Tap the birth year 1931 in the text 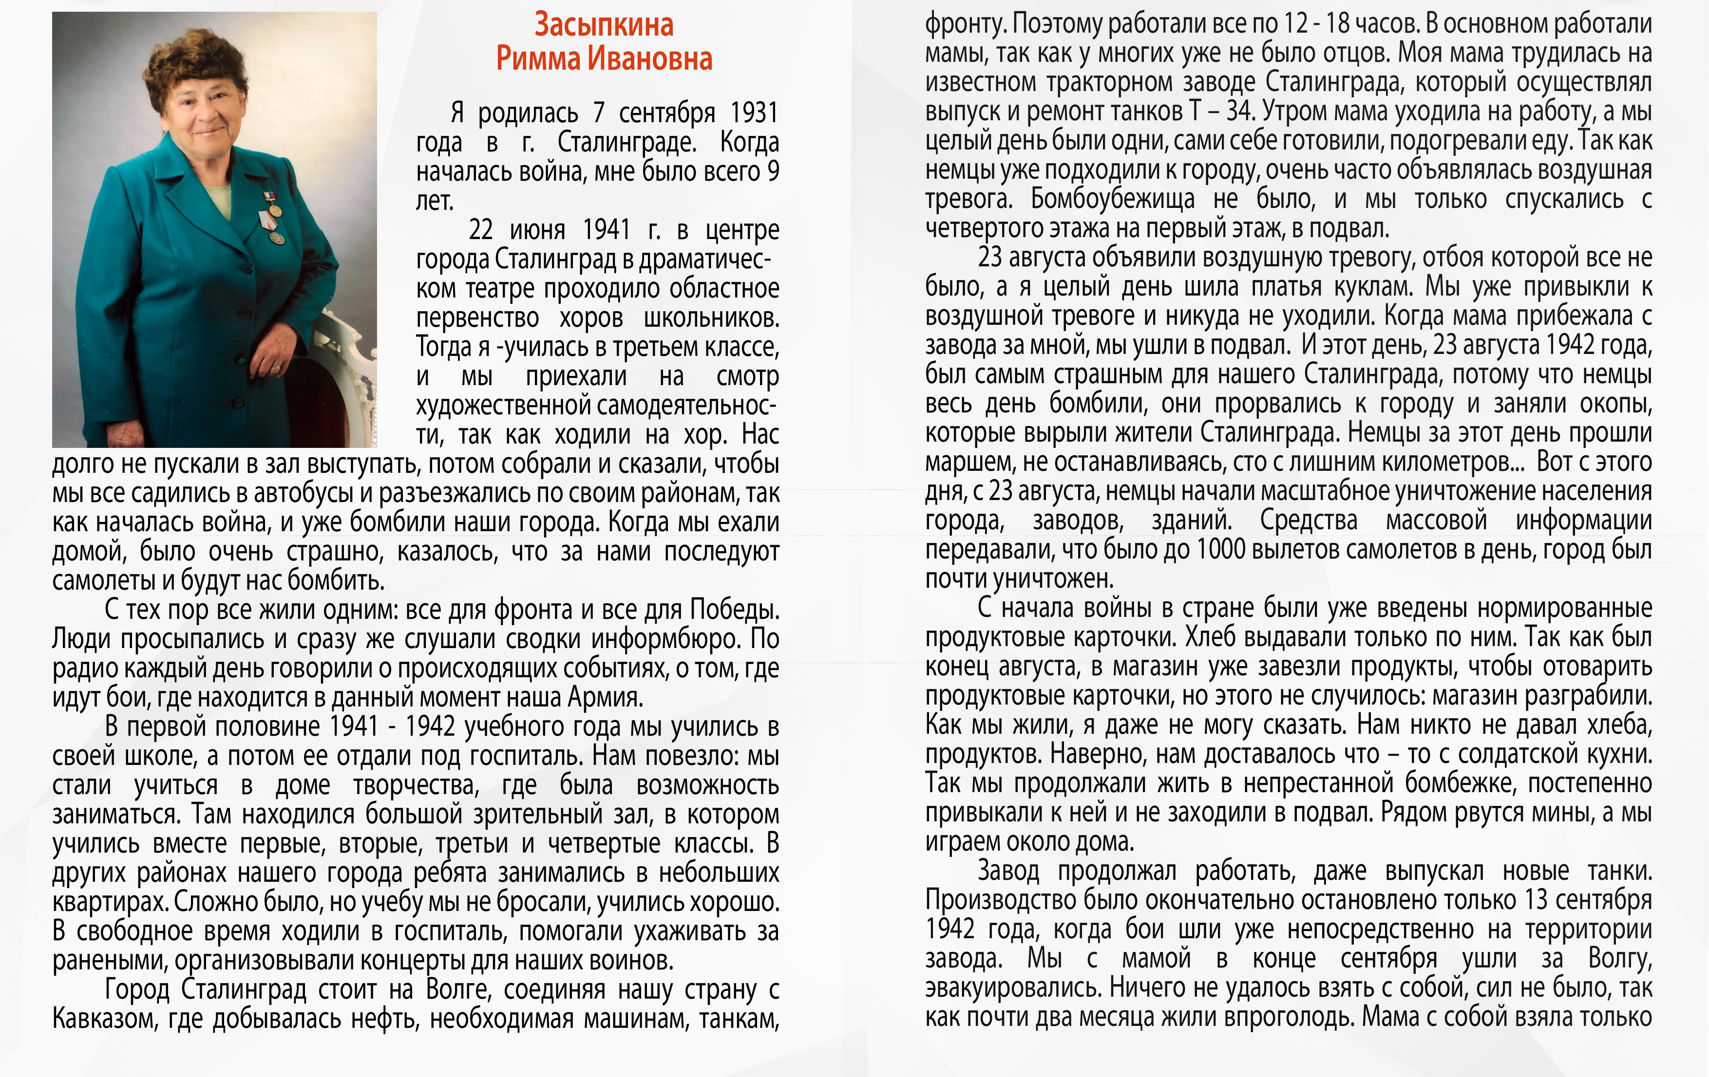pyautogui.click(x=755, y=113)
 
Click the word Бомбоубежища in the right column pyautogui.click(x=1112, y=199)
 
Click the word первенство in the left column pyautogui.click(x=477, y=318)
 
